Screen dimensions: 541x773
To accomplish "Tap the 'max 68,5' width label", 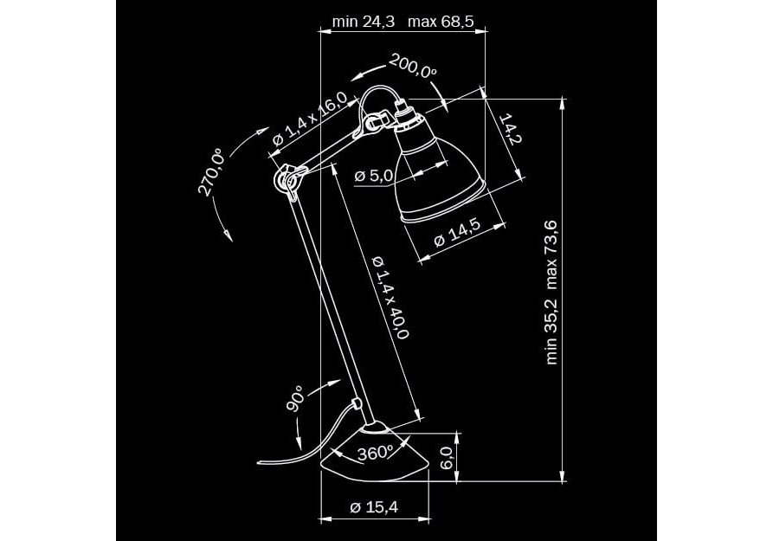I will (441, 22).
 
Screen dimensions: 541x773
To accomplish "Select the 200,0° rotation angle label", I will (413, 65).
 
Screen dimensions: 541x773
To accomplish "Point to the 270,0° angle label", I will (211, 171).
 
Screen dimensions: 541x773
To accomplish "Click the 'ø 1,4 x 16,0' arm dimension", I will (309, 119).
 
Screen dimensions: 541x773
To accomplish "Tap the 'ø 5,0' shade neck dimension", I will (374, 176).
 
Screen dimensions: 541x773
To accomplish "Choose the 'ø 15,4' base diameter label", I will (374, 508).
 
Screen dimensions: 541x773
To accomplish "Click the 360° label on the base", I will (375, 452).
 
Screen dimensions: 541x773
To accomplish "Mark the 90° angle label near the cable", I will (295, 399).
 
